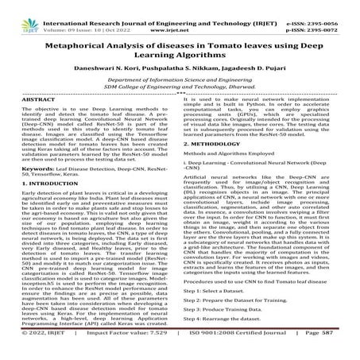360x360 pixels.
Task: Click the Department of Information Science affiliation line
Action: tap(180, 81)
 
